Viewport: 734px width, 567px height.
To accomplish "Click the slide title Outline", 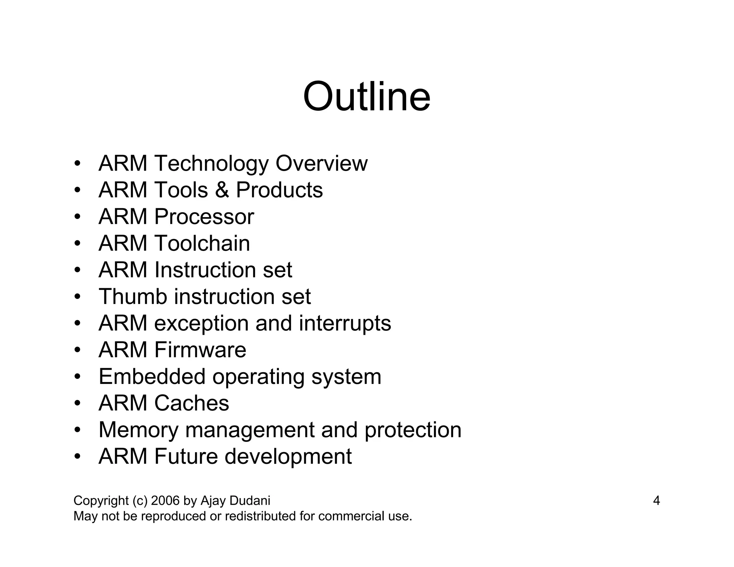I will pos(366,97).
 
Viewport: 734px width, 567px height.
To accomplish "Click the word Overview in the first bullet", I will pos(321,163).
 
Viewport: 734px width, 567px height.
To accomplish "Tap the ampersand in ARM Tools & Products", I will pos(222,190).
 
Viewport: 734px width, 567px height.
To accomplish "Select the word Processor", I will pos(204,217).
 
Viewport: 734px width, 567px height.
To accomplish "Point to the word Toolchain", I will pos(202,243).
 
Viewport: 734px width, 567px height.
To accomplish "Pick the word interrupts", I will pos(345,323).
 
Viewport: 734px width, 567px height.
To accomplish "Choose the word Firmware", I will pos(200,350).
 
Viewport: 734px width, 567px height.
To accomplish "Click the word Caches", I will pos(191,403).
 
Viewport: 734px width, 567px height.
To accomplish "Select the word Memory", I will pos(138,430).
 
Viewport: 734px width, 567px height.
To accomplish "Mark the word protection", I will pos(413,430).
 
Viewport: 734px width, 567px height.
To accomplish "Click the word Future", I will pos(186,457).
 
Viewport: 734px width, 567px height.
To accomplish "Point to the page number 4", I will pos(656,501).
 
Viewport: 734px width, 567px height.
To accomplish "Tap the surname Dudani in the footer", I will pos(250,501).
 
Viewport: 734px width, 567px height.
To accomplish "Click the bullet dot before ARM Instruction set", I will pos(77,270).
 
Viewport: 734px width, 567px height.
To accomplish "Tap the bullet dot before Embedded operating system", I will pos(77,377).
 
